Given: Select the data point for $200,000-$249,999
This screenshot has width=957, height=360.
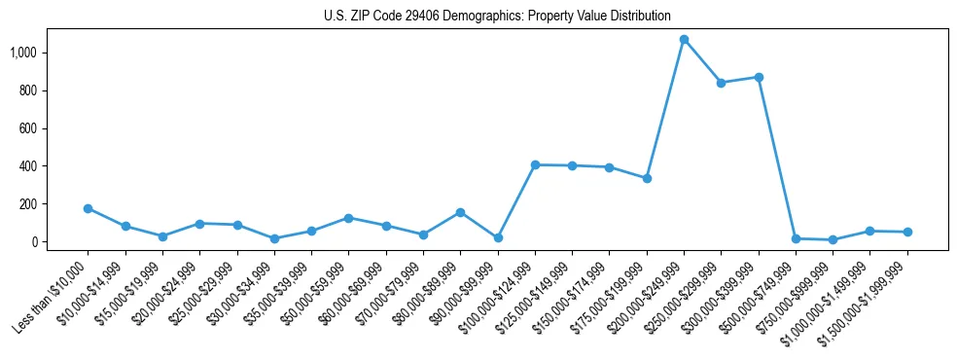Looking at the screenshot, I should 684,40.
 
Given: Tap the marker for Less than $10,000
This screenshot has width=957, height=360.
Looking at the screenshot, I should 89,208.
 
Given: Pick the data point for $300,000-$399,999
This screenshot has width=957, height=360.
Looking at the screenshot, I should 759,77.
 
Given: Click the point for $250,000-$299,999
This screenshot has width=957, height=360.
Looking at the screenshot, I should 721,83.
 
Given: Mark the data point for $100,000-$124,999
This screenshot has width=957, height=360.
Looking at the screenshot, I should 535,164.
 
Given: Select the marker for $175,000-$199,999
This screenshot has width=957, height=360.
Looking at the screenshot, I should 647,178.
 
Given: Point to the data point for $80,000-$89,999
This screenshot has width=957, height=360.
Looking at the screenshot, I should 460,212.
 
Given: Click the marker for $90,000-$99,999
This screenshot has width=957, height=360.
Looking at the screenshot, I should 498,237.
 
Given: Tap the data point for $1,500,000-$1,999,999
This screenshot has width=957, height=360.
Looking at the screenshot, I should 907,232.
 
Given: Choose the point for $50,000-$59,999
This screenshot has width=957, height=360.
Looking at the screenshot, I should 348,218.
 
